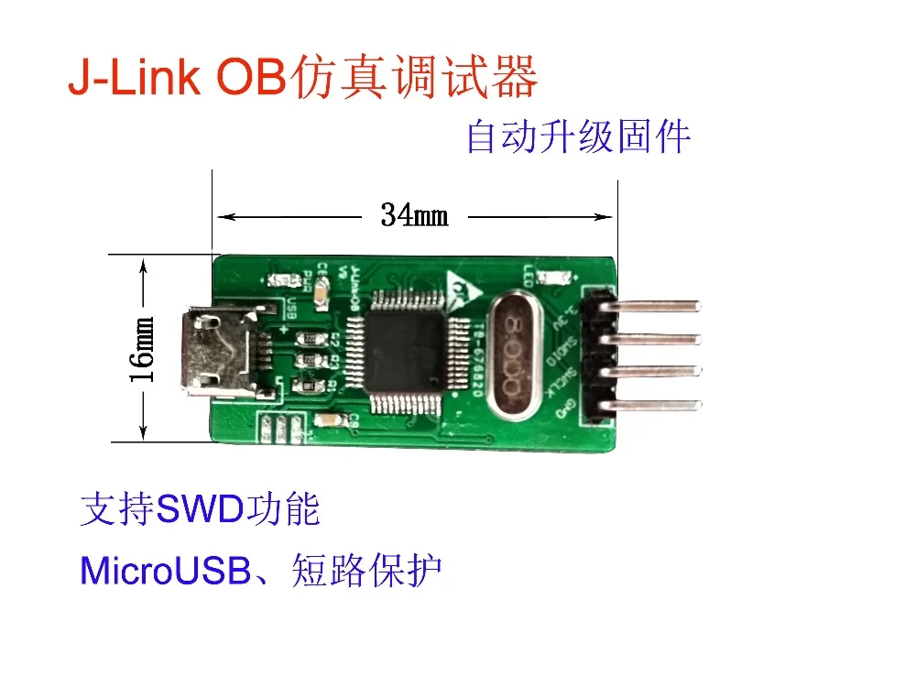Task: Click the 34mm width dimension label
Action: [x=414, y=216]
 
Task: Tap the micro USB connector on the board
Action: [x=216, y=354]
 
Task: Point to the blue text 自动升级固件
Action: [x=578, y=138]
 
